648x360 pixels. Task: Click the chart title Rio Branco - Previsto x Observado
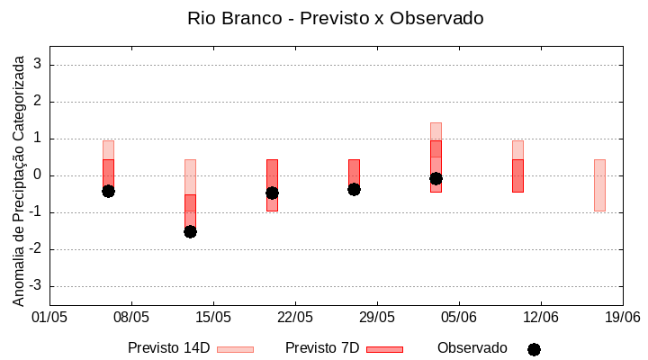click(335, 18)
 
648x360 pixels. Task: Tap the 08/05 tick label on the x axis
click(131, 317)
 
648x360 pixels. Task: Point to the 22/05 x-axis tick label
click(295, 317)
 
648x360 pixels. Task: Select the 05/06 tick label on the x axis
click(459, 317)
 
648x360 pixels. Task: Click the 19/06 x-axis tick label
click(622, 317)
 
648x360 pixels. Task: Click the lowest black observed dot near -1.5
click(190, 231)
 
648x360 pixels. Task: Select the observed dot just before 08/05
click(108, 191)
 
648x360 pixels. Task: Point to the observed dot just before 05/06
click(436, 178)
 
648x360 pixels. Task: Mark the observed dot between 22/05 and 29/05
click(354, 189)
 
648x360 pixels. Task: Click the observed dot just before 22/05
click(272, 193)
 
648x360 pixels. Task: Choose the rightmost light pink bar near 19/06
click(599, 184)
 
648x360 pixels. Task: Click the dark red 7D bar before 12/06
click(517, 175)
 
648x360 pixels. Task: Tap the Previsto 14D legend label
click(168, 348)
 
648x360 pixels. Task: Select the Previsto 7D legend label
click(321, 348)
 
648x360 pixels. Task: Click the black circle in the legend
click(534, 349)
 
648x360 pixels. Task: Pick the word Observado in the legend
click(472, 348)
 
